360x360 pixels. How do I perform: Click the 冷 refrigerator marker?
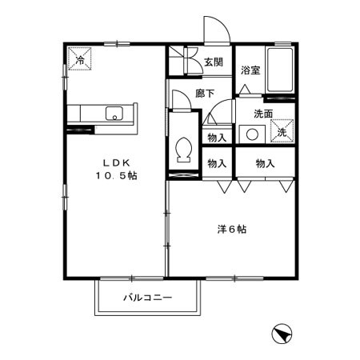coord(81,61)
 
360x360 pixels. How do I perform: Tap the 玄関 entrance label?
coord(213,62)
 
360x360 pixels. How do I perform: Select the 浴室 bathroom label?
coord(250,70)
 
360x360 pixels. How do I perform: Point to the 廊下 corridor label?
coord(205,94)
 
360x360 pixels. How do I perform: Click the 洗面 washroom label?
coord(264,114)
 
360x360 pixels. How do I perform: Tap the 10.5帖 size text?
coord(116,175)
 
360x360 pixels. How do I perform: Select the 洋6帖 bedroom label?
coord(232,230)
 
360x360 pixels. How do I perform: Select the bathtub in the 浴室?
coord(278,71)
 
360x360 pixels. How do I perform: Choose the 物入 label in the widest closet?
coord(266,163)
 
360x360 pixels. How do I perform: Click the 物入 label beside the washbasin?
coord(216,137)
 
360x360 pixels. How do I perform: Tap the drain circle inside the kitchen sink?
coord(115,117)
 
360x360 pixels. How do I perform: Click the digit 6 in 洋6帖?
coord(232,230)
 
